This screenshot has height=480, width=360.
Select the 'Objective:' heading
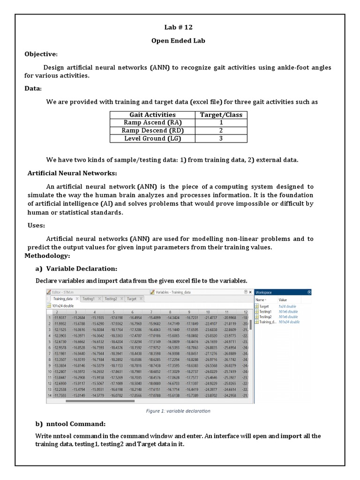(x=41, y=54)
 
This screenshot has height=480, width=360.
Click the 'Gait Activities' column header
(x=152, y=115)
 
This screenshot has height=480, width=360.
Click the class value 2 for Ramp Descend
(x=221, y=131)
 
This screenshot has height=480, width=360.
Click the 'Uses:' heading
(x=36, y=226)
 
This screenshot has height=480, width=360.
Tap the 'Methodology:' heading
(x=47, y=256)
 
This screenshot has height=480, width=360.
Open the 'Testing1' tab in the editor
(x=88, y=299)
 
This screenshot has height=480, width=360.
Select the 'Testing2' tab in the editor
(x=111, y=299)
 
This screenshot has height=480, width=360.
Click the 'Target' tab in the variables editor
(x=132, y=299)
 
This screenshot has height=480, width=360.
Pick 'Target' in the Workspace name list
(x=264, y=307)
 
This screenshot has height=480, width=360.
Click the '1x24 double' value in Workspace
(x=287, y=307)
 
